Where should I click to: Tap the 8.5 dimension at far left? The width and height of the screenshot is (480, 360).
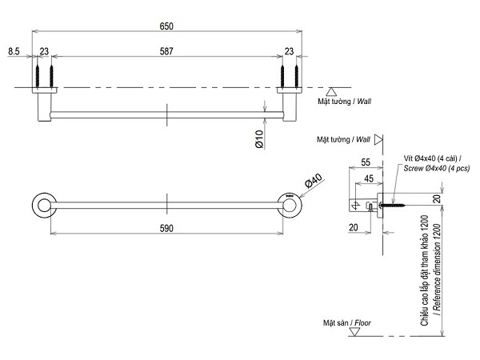pos(14,51)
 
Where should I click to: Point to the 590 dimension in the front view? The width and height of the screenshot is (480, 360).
pos(166,228)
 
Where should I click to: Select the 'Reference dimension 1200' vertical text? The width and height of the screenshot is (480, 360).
pos(436,268)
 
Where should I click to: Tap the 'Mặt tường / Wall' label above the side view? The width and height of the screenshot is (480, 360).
pos(343,139)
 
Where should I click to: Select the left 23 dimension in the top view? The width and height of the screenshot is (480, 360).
pos(44,51)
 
